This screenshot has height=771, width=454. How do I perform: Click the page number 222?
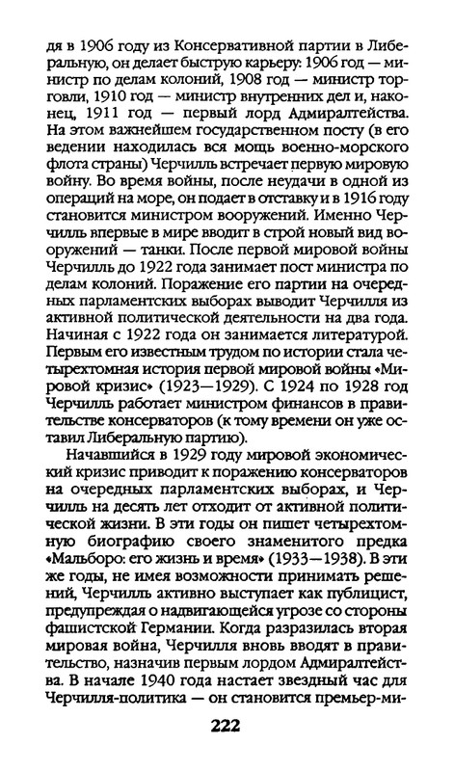[227, 725]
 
